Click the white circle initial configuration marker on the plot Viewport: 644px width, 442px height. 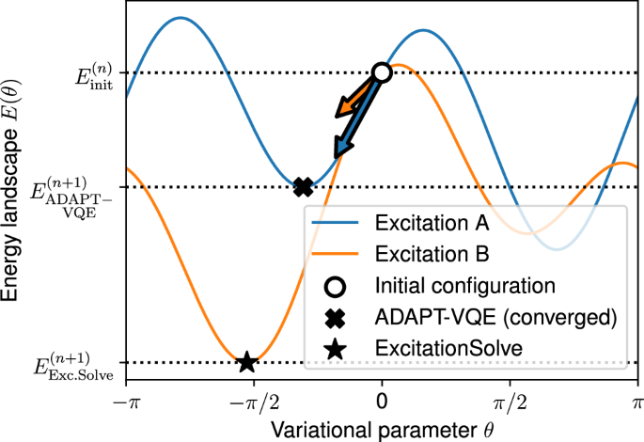pos(382,72)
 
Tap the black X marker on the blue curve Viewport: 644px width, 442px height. pos(303,187)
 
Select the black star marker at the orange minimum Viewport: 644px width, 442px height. pos(246,362)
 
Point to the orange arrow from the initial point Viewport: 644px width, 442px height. pos(354,101)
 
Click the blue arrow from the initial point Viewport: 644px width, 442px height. pos(357,118)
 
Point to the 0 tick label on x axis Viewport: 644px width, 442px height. pos(382,400)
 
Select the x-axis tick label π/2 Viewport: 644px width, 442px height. pos(510,400)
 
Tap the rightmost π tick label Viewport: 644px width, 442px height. pos(637,400)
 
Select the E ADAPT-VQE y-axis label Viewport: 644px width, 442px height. pos(70,193)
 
